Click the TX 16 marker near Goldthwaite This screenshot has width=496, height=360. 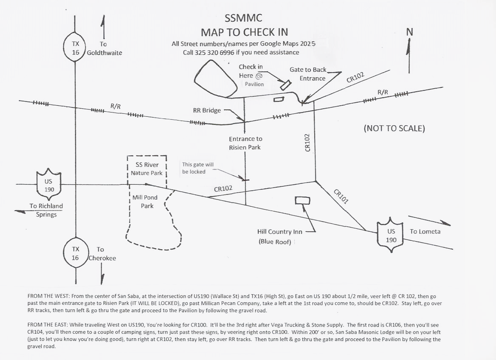[x=75, y=48]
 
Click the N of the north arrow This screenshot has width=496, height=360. [x=410, y=32]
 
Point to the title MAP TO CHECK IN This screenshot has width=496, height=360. [x=244, y=32]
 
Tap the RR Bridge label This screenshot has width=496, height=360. [x=207, y=110]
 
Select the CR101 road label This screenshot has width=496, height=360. [x=341, y=197]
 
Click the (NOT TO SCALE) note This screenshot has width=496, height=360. [x=394, y=128]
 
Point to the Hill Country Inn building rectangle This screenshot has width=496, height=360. [x=302, y=200]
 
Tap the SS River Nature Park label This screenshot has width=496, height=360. [x=147, y=169]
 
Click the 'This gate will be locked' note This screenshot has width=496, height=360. [x=194, y=168]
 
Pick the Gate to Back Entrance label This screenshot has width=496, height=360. [x=308, y=74]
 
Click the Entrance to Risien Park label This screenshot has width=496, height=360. [x=245, y=143]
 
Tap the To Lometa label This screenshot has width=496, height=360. [x=425, y=231]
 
